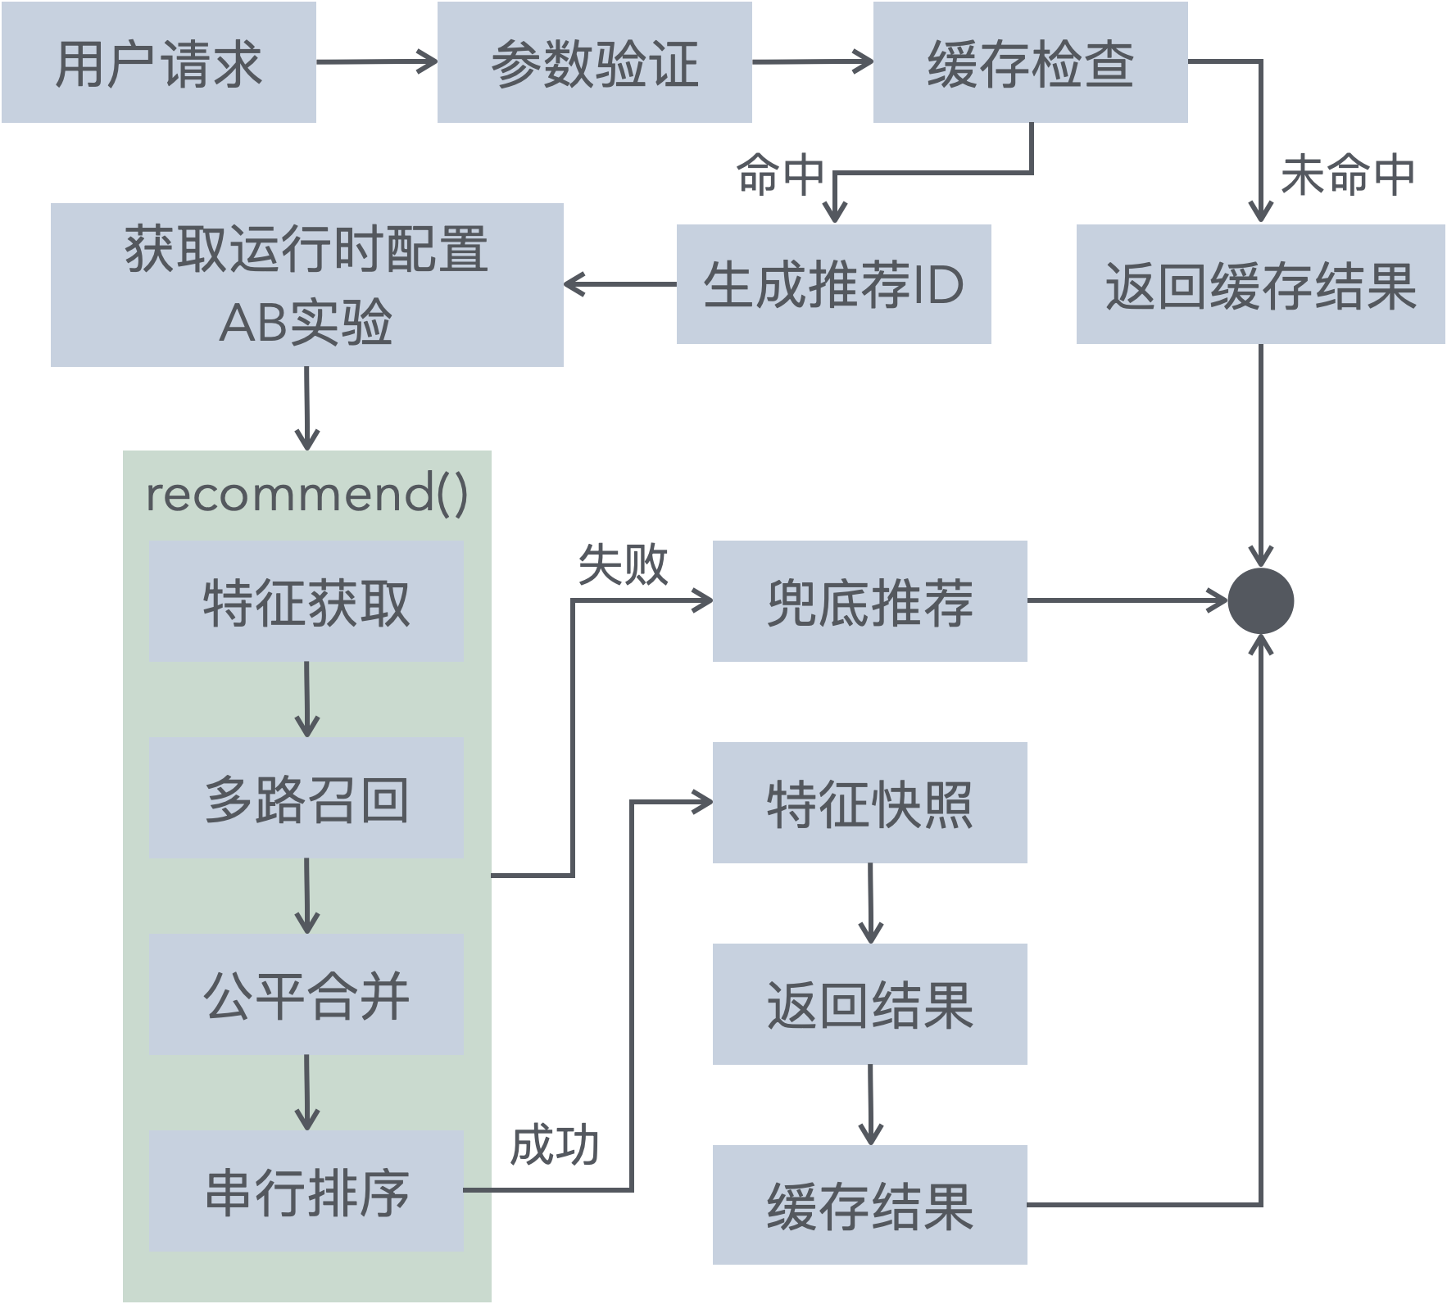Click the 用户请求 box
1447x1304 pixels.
158,62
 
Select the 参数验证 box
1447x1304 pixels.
594,62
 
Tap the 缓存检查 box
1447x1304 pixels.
1030,62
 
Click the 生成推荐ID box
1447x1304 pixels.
833,284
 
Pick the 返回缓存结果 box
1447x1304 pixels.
1260,284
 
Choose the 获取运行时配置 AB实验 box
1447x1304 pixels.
306,284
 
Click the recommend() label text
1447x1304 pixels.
306,494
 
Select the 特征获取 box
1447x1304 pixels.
306,601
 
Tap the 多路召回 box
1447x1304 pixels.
306,798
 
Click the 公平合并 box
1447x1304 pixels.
306,994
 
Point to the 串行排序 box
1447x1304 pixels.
306,1191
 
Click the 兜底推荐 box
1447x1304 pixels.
869,601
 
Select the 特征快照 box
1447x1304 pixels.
869,803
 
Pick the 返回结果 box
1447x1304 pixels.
869,1004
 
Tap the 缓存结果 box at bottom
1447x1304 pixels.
869,1205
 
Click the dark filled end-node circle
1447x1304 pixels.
1260,601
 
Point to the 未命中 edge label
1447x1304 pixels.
1347,174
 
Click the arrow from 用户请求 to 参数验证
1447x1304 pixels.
376,61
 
